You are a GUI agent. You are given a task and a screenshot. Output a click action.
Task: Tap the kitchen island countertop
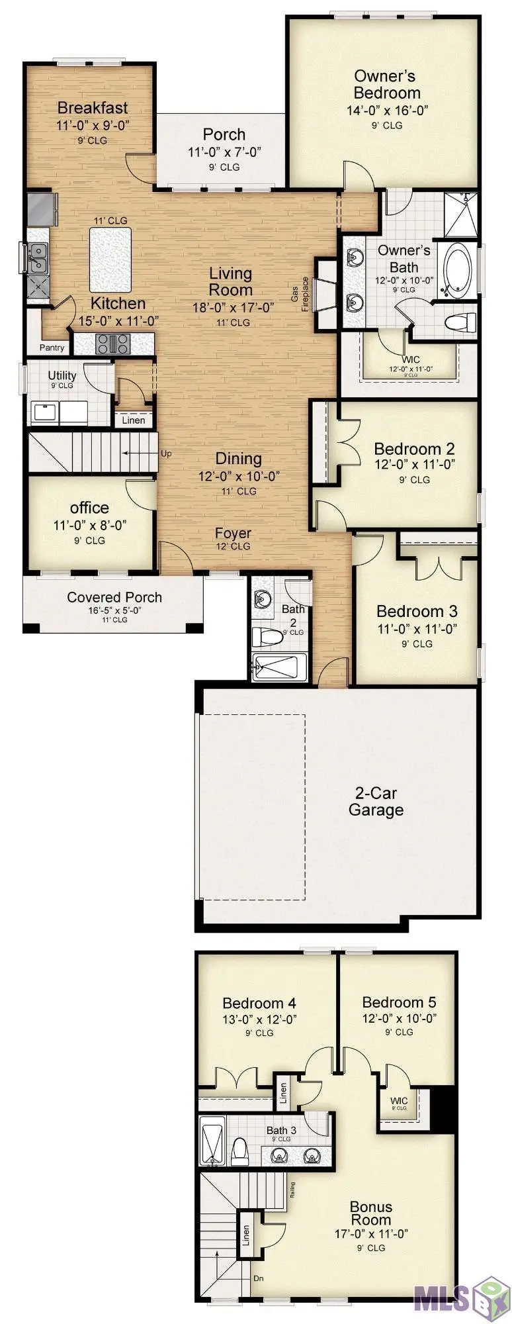coord(110,259)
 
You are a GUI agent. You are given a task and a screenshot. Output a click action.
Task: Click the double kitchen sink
coord(38,257)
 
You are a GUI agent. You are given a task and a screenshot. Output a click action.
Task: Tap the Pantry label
coord(52,348)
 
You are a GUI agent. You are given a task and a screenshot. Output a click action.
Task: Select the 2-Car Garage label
coord(376,801)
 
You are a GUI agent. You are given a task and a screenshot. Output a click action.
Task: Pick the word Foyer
coord(233,533)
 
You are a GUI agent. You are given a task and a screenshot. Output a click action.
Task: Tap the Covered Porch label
coord(114,597)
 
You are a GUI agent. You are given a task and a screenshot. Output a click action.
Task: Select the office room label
coord(89,508)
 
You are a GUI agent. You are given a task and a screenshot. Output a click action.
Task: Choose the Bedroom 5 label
coord(399,1002)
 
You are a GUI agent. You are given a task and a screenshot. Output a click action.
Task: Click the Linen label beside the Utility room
coord(133,420)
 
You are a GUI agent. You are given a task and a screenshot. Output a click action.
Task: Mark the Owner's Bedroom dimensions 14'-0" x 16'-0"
coord(387,110)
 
